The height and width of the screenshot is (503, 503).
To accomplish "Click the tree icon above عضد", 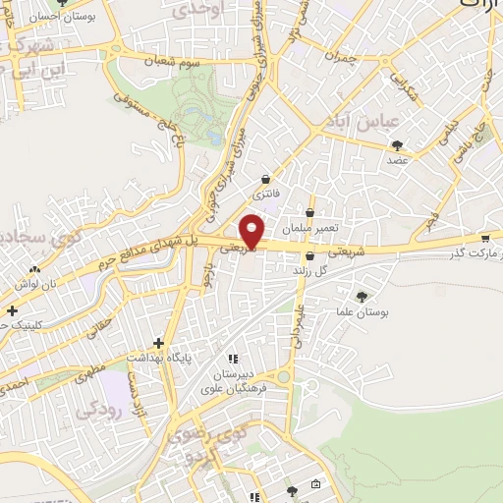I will click(x=396, y=144).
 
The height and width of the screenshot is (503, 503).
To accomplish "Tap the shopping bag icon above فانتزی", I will click(x=266, y=179).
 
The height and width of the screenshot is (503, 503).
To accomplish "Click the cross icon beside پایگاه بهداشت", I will click(x=159, y=343).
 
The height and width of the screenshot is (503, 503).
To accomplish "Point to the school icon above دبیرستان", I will click(x=233, y=359).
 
